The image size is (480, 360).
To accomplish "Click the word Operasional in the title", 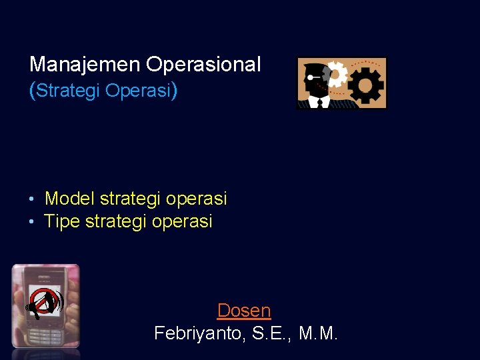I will [203, 65].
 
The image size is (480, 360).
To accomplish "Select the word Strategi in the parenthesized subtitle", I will [69, 90].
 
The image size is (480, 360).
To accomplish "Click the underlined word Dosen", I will [244, 311].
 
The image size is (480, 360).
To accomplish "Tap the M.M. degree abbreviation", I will [319, 333].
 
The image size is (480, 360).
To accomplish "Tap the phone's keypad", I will [48, 333].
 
